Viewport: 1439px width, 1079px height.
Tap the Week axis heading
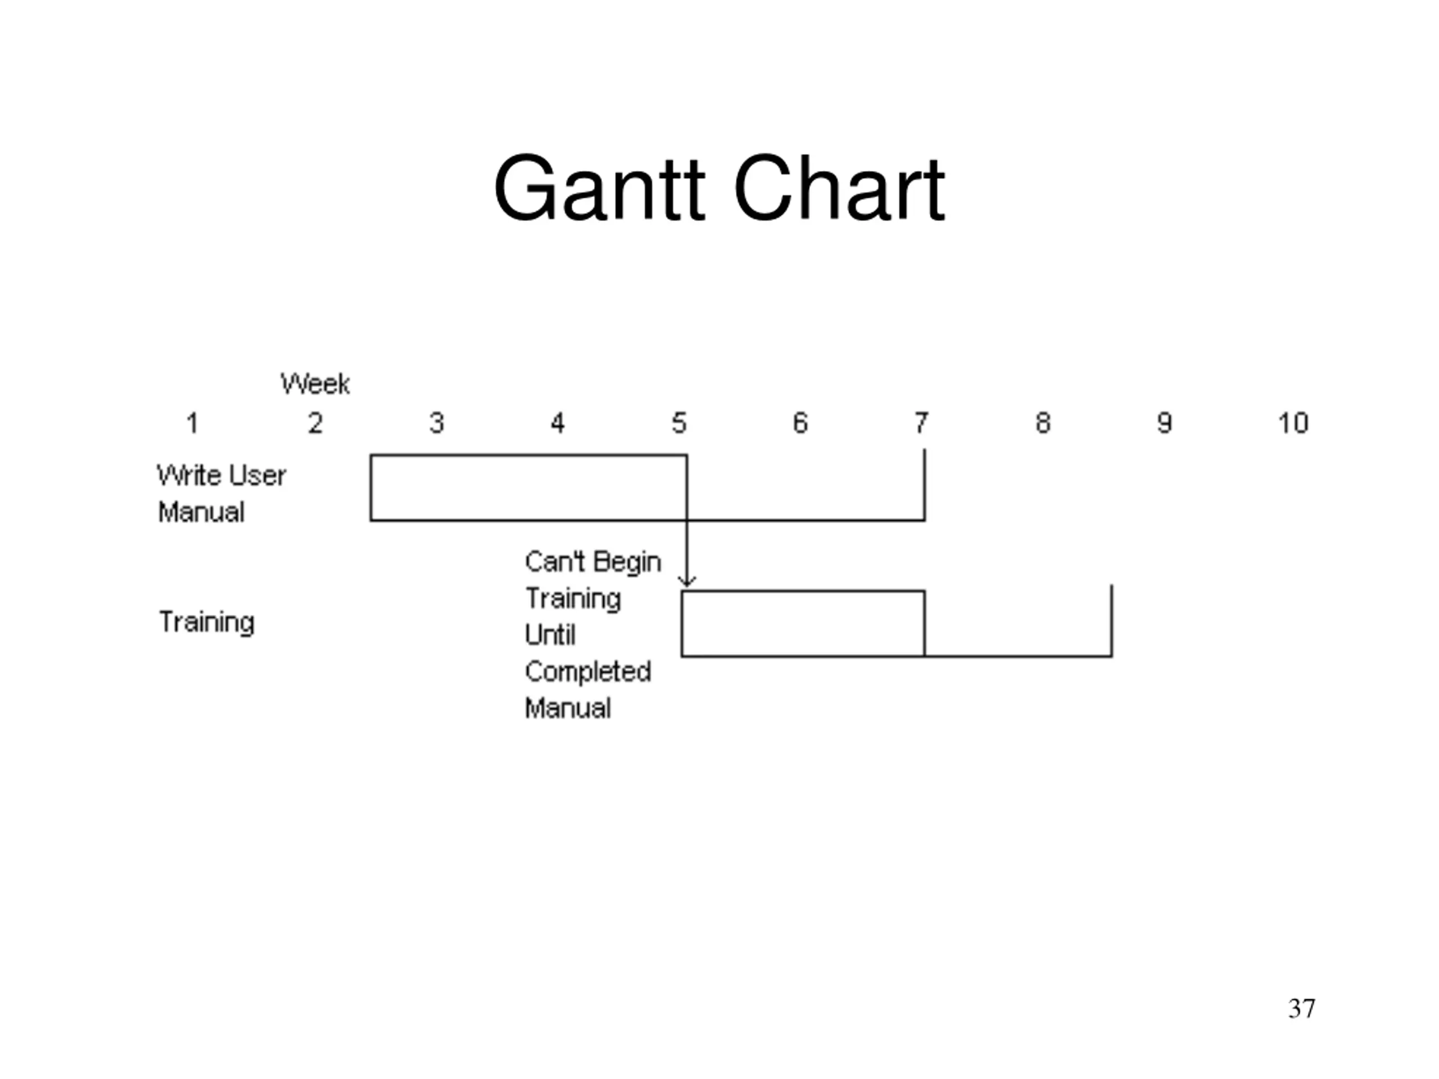point(315,384)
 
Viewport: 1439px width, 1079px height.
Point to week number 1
point(193,423)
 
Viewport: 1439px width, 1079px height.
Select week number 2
point(315,423)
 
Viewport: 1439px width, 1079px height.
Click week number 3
point(437,423)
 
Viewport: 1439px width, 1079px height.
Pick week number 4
point(558,423)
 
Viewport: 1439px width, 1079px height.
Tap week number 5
point(679,423)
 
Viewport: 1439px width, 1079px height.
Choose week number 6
point(800,423)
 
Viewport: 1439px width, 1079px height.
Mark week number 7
point(921,423)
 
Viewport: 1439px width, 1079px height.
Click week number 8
point(1043,423)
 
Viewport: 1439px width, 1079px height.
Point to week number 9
point(1165,423)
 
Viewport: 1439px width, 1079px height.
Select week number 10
point(1293,423)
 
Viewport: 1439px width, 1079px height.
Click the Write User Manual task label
point(221,493)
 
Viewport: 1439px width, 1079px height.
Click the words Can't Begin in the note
point(592,562)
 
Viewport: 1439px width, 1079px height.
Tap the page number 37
point(1302,1008)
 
